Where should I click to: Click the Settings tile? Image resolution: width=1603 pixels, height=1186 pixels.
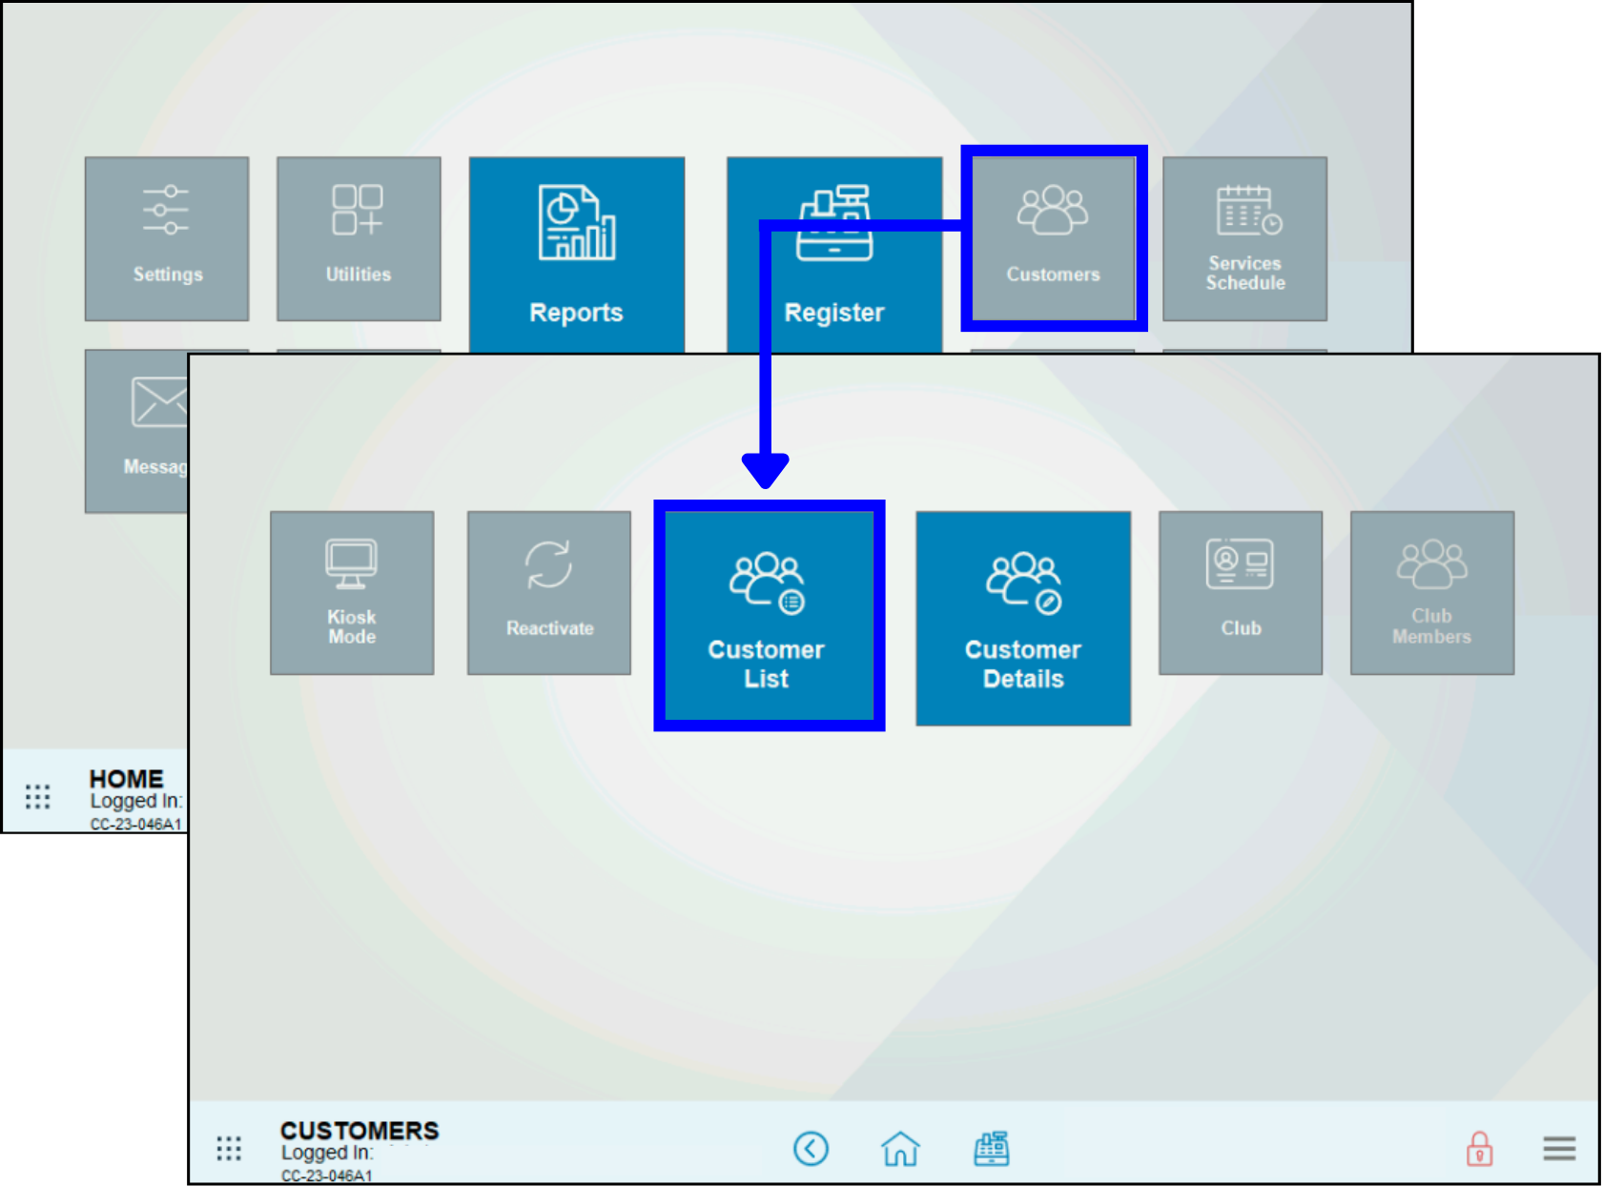(167, 238)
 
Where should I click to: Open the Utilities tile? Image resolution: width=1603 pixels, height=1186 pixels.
(359, 238)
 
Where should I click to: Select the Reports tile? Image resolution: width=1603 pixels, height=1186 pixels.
(576, 254)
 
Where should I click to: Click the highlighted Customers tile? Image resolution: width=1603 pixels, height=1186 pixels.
(1053, 238)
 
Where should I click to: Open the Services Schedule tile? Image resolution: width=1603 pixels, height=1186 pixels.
(1244, 238)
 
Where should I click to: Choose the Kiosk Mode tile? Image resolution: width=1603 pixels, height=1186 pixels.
(352, 592)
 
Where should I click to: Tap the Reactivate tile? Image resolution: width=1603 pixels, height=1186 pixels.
(549, 592)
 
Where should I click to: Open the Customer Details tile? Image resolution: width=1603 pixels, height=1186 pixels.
(1023, 618)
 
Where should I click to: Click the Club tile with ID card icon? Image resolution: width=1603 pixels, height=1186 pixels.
(1241, 592)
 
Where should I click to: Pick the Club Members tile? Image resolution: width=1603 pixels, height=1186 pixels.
(1431, 592)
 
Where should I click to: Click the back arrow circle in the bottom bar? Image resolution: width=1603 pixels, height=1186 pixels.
(811, 1149)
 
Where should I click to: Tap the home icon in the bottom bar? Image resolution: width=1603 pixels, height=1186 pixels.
(900, 1149)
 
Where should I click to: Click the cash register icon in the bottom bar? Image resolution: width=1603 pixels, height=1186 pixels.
(992, 1149)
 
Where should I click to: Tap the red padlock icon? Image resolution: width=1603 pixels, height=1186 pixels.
(1479, 1149)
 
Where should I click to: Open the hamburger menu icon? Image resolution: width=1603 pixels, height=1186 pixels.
(1559, 1149)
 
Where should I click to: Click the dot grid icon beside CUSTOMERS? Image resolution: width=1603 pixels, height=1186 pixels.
(229, 1149)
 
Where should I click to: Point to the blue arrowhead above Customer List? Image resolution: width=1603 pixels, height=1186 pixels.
(765, 470)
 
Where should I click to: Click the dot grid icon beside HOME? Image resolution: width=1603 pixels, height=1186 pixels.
(37, 797)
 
